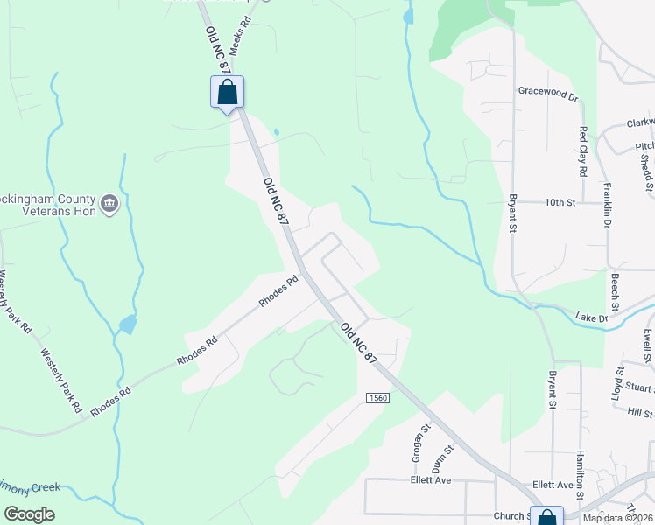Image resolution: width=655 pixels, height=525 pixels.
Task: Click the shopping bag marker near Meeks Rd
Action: click(x=227, y=92)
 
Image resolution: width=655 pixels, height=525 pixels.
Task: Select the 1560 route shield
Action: click(x=377, y=398)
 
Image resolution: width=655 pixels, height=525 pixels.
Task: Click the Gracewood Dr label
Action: click(x=549, y=90)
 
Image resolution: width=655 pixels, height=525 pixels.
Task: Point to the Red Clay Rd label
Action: click(x=583, y=150)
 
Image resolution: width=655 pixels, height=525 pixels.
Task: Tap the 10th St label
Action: click(x=559, y=203)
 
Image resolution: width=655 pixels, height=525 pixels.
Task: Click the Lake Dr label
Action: click(x=592, y=317)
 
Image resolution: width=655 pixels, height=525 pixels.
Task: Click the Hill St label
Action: click(x=642, y=413)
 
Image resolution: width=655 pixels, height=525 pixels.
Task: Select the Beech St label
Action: click(x=616, y=291)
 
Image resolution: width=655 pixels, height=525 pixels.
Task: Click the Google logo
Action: click(x=29, y=514)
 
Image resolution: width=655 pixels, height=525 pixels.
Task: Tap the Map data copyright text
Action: click(x=616, y=518)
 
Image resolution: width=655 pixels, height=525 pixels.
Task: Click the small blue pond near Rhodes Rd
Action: click(x=128, y=325)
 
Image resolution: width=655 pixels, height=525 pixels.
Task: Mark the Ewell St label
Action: click(x=648, y=345)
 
